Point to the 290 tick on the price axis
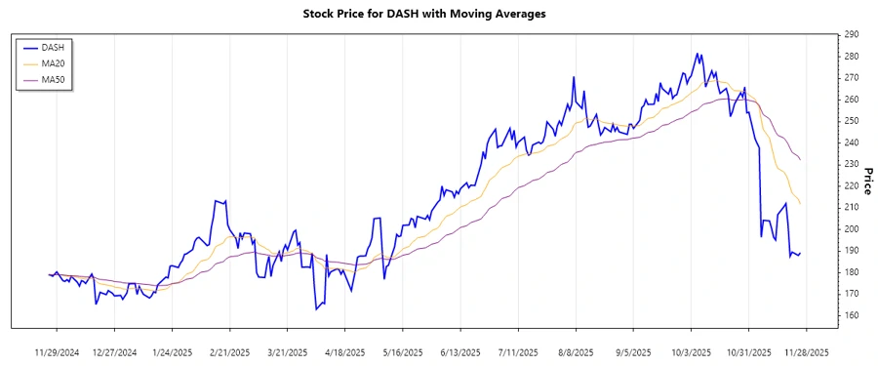click(851, 35)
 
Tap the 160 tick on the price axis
click(851, 315)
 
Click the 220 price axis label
click(851, 186)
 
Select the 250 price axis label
click(851, 121)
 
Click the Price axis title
click(866, 176)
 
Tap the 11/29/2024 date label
click(58, 351)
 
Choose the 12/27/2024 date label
click(115, 351)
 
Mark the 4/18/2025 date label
click(344, 351)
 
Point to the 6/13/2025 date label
click(459, 351)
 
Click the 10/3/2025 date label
click(691, 351)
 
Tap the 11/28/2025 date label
click(806, 351)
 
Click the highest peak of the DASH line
click(698, 54)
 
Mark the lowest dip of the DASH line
click(317, 309)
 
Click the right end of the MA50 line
click(801, 159)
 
